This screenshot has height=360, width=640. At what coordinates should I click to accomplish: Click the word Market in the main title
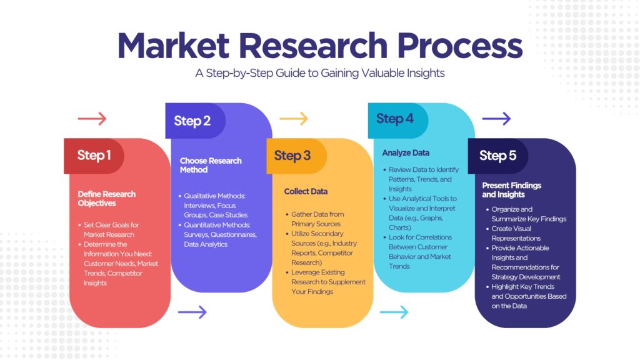(x=174, y=45)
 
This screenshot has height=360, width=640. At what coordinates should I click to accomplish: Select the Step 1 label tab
(x=94, y=156)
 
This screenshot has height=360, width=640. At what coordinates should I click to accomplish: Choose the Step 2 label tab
(x=195, y=121)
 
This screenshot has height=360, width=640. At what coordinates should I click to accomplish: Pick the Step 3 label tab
(x=296, y=156)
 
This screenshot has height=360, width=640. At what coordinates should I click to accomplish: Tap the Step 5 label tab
(x=498, y=156)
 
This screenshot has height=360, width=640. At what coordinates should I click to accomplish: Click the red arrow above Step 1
(x=92, y=119)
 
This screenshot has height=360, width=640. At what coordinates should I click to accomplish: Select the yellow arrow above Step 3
(x=294, y=119)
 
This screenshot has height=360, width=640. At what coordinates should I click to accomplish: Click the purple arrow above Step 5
(x=496, y=119)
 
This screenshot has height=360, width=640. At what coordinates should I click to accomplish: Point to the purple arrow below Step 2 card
(x=192, y=312)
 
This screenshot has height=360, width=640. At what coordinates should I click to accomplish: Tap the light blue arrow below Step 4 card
(x=394, y=312)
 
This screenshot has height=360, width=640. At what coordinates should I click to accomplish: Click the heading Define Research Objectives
(x=106, y=199)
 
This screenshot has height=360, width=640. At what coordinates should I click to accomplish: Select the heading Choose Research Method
(x=211, y=165)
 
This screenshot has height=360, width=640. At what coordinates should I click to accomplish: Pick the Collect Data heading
(x=306, y=191)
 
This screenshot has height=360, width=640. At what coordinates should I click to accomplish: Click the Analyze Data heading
(x=406, y=153)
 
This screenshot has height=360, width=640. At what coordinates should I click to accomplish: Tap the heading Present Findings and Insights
(x=511, y=190)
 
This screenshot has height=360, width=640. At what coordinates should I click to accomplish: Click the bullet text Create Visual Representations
(x=516, y=234)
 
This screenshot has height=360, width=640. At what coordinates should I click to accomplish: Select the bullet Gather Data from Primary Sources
(x=317, y=219)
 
